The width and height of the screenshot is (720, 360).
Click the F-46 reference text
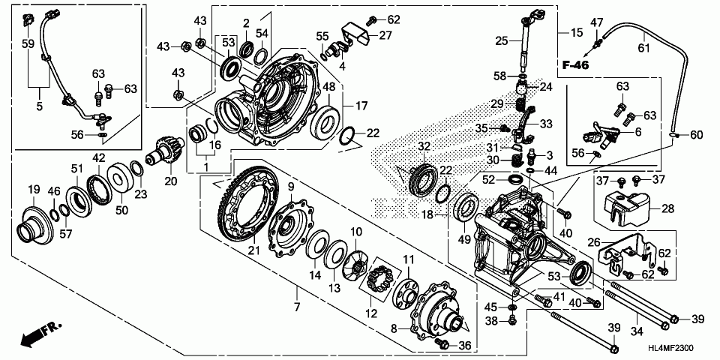point(576,65)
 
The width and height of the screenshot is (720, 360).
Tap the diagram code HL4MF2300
point(670,348)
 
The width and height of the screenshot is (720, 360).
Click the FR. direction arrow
point(40,334)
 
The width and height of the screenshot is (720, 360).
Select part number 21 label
point(254,250)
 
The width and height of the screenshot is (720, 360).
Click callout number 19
point(34,189)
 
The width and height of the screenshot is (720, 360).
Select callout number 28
point(667,209)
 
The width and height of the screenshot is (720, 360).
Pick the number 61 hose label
point(643,47)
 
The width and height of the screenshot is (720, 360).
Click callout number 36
point(465,344)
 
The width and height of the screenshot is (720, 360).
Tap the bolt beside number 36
point(442,343)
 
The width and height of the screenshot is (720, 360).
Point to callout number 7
point(297,306)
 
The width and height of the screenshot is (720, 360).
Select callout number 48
point(328,86)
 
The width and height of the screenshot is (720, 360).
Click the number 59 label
point(28,44)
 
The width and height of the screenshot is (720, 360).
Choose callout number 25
point(502,40)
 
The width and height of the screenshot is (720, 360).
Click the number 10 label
point(356,232)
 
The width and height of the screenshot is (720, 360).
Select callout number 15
point(577,32)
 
